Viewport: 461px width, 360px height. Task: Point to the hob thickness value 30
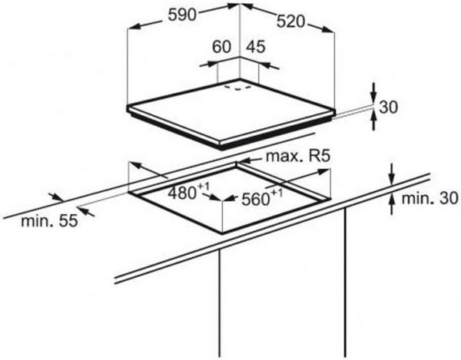pyautogui.click(x=389, y=107)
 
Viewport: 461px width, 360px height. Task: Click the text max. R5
pyautogui.click(x=298, y=157)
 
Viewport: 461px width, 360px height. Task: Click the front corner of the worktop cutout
pyautogui.click(x=224, y=231)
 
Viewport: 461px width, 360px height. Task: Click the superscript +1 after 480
pyautogui.click(x=203, y=187)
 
